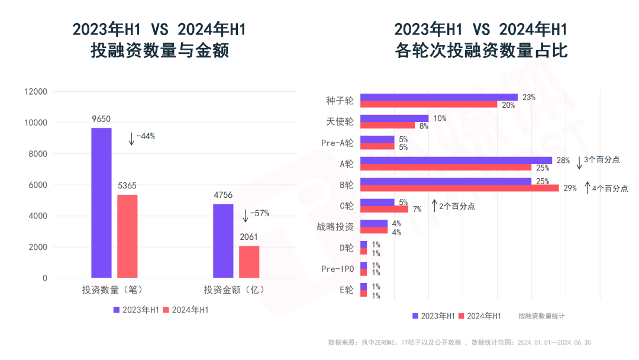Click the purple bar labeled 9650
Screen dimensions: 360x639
101,202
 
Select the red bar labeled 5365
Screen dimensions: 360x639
127,236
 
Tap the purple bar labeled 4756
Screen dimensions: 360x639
223,241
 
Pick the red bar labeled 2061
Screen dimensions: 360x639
249,262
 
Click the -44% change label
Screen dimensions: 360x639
144,136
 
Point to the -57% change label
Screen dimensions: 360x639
259,213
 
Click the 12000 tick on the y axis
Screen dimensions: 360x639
35,92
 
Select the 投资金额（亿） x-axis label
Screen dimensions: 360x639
234,290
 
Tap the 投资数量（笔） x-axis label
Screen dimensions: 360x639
112,290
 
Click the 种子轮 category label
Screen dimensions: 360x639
340,101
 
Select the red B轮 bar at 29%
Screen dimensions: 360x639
459,188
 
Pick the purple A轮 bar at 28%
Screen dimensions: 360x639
456,160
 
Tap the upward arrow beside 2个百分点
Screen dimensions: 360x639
434,206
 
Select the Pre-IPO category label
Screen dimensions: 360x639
337,269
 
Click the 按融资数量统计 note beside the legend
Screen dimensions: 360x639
541,316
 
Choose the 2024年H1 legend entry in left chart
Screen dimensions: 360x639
185,310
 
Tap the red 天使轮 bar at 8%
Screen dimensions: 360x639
388,126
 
